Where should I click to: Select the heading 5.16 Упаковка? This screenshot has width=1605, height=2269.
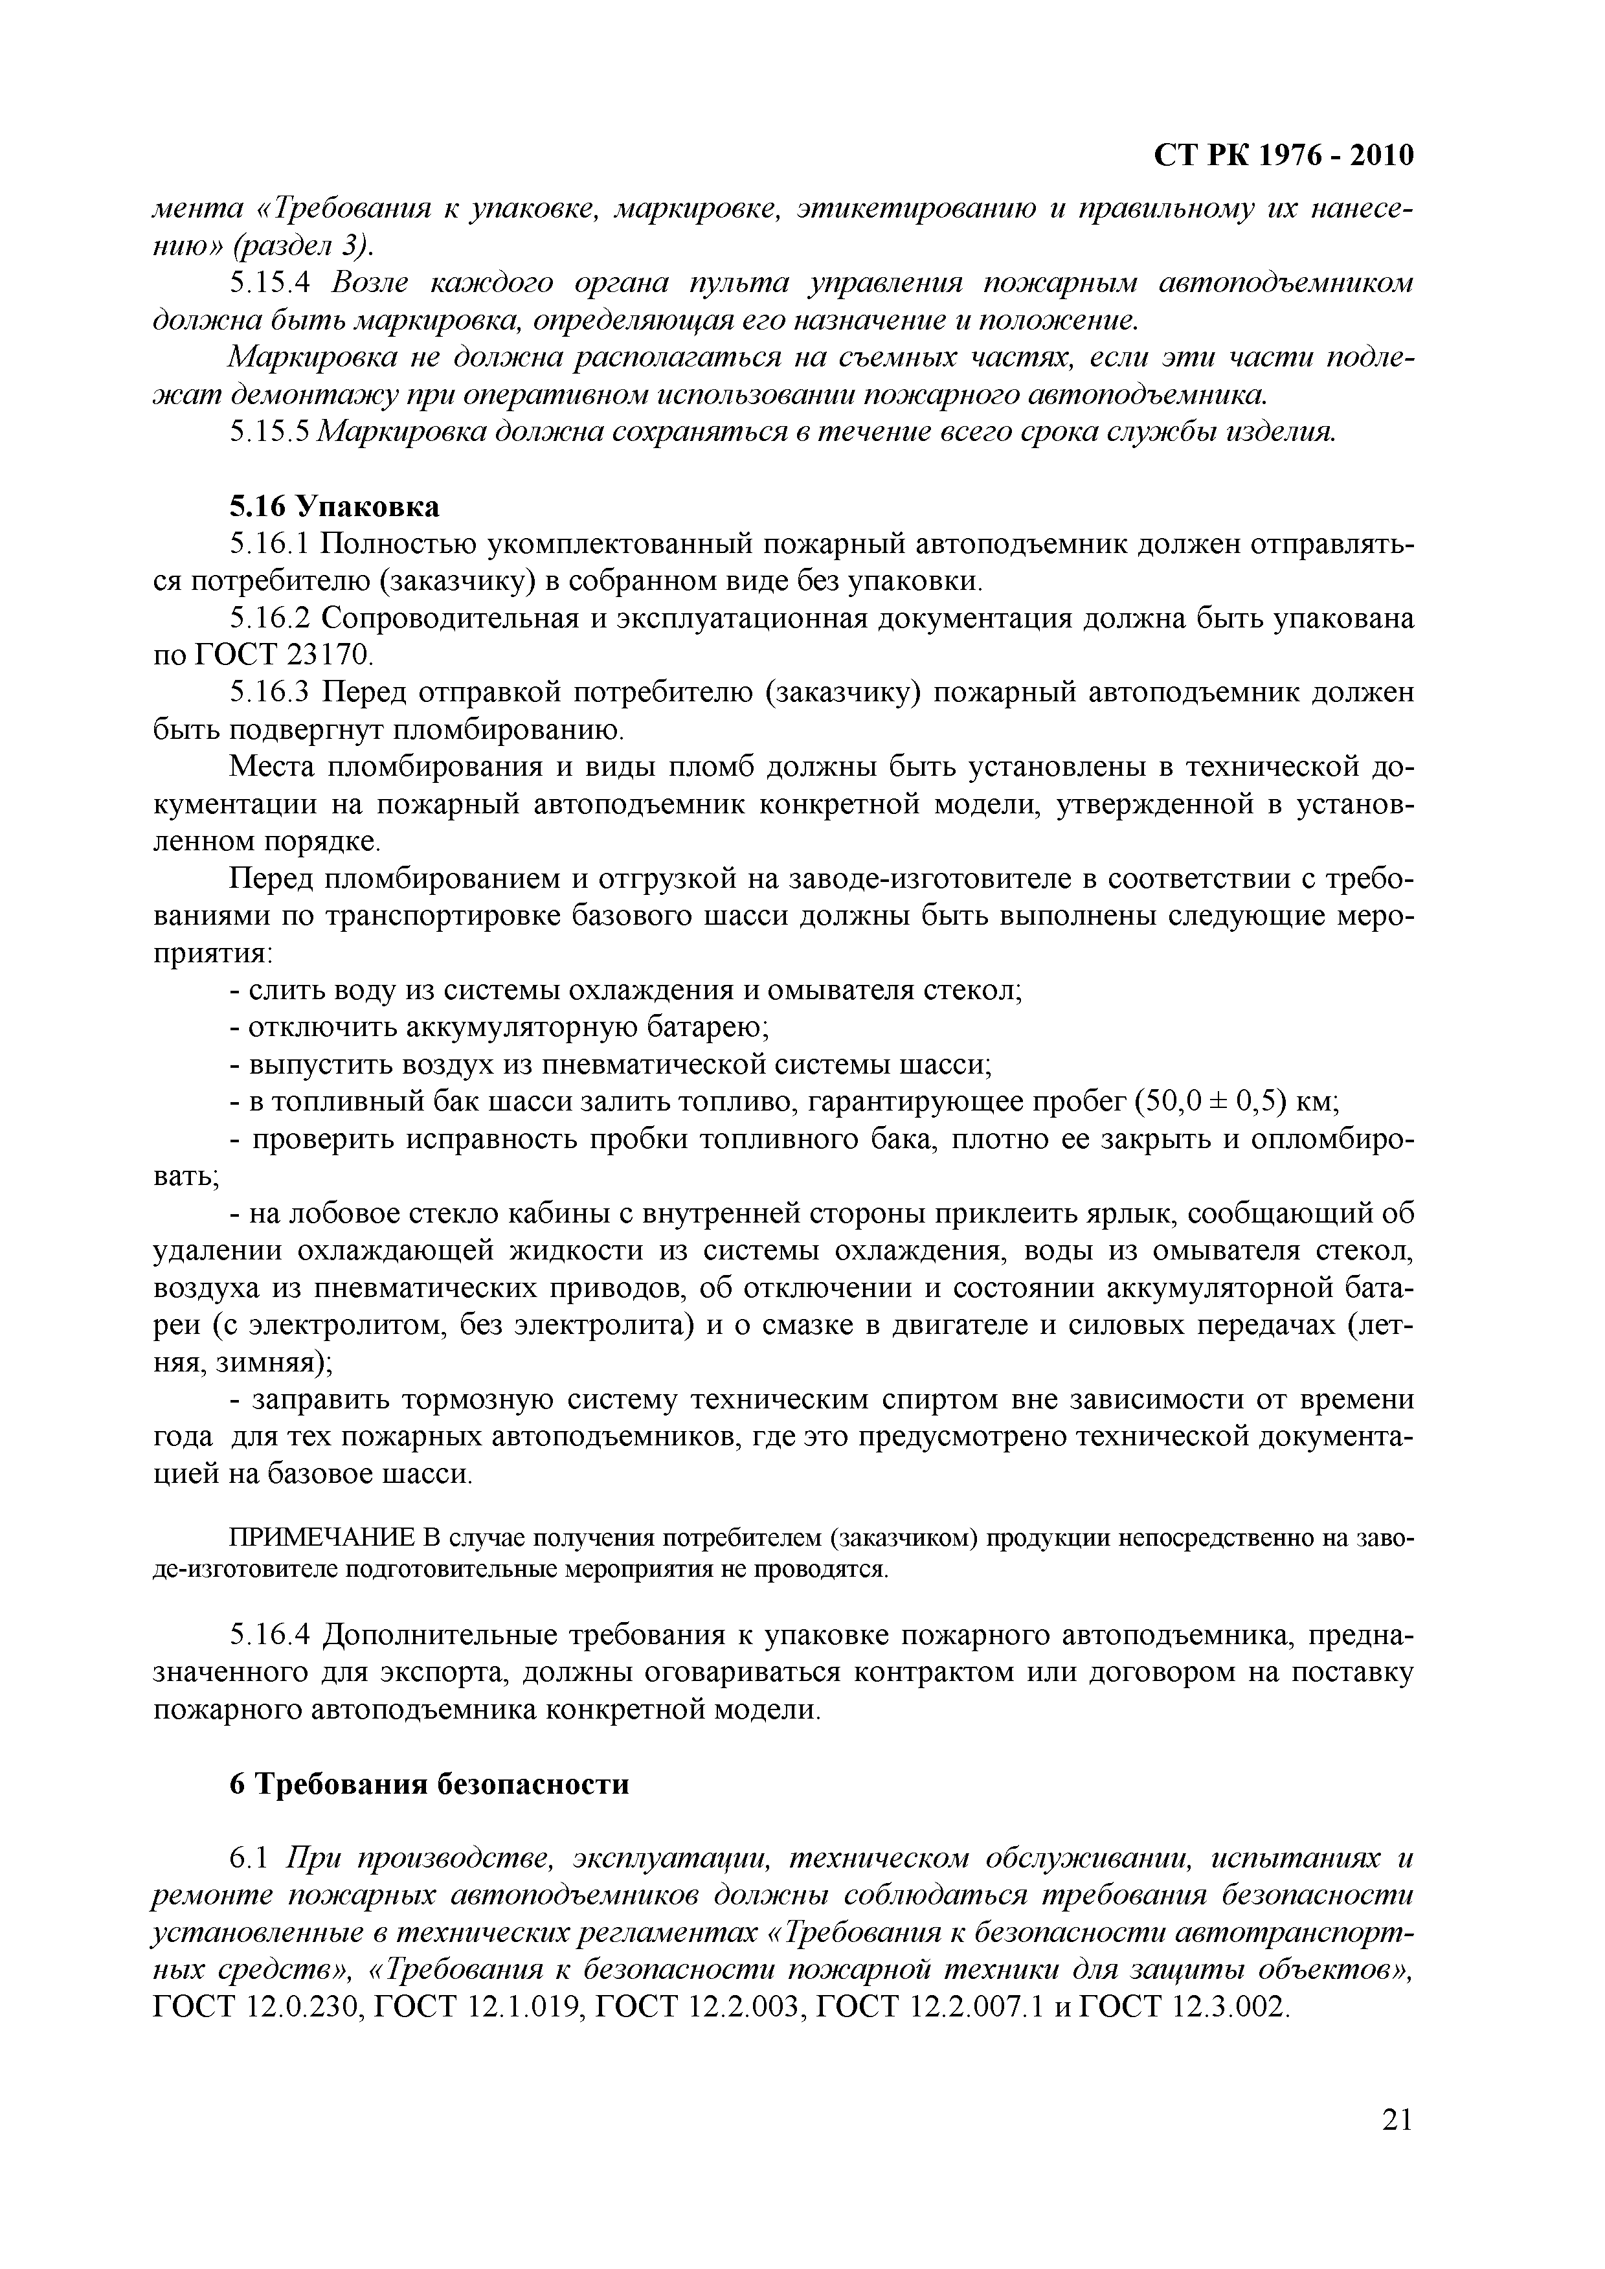coord(334,507)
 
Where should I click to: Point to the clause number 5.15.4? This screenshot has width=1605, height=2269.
coord(270,284)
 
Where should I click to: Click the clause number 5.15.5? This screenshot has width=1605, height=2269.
coord(270,432)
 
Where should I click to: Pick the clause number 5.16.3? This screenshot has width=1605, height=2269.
coord(270,694)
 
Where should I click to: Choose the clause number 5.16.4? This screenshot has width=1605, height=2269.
coord(270,1636)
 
